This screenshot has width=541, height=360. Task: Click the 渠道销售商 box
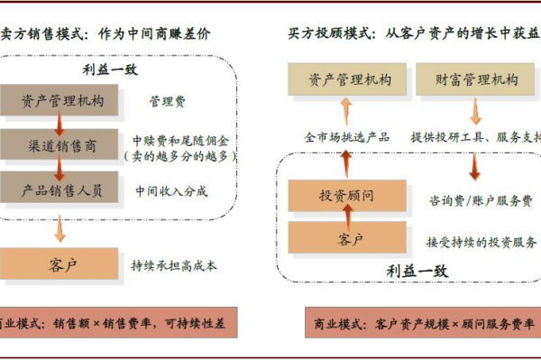click(x=60, y=145)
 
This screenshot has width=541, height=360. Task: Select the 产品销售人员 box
click(x=60, y=189)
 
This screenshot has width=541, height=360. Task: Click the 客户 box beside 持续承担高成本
click(x=60, y=264)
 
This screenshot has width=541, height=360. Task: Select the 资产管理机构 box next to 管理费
click(x=60, y=100)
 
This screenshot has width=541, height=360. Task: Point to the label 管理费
click(x=167, y=101)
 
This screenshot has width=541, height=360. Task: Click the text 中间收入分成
click(x=171, y=190)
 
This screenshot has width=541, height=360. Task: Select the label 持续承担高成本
click(x=174, y=265)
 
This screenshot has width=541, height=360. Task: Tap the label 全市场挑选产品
click(x=346, y=137)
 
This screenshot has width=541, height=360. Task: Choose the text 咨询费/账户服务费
click(x=479, y=199)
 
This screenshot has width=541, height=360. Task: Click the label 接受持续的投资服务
click(x=481, y=241)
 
